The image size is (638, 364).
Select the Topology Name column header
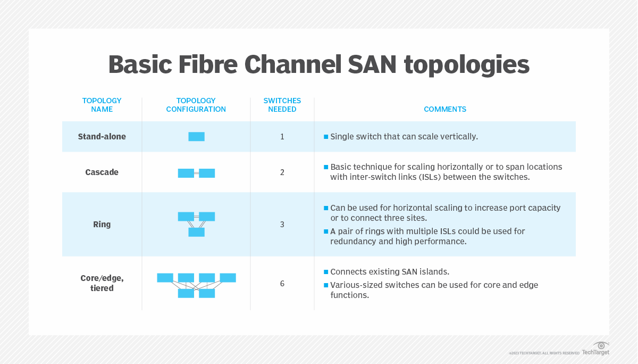pyautogui.click(x=102, y=105)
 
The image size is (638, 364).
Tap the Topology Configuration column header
pyautogui.click(x=196, y=105)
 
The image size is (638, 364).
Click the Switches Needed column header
pyautogui.click(x=282, y=105)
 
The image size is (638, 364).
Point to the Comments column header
pyautogui.click(x=445, y=109)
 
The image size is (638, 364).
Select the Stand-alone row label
pyautogui.click(x=102, y=137)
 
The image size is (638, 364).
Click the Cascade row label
pyautogui.click(x=102, y=172)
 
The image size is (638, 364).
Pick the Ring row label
pyautogui.click(x=102, y=225)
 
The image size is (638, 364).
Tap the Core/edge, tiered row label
pyautogui.click(x=102, y=283)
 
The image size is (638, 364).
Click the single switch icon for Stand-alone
pyautogui.click(x=196, y=137)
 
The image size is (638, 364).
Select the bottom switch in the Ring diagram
pyautogui.click(x=196, y=232)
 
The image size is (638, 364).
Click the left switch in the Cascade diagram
pyautogui.click(x=186, y=173)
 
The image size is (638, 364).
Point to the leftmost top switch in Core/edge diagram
pyautogui.click(x=165, y=278)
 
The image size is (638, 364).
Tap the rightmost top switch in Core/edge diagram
pyautogui.click(x=228, y=278)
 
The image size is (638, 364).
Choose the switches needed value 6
pyautogui.click(x=282, y=284)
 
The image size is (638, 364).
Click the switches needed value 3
pyautogui.click(x=282, y=225)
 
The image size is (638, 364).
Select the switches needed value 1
pyautogui.click(x=282, y=137)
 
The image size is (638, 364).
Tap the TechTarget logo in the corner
pyautogui.click(x=596, y=349)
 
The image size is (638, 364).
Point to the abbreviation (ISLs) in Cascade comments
pyautogui.click(x=432, y=177)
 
